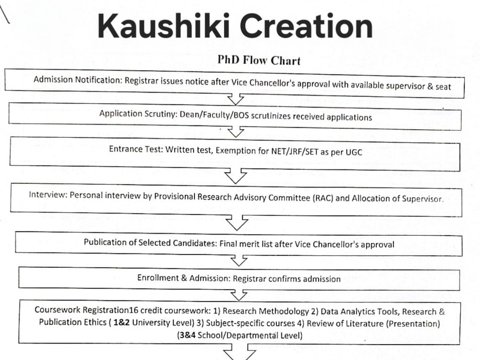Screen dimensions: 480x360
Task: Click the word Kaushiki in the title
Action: point(164,26)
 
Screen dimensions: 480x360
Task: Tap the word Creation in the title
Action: point(306,26)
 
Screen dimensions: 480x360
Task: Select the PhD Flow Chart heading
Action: point(259,60)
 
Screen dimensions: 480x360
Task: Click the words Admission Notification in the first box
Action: point(78,80)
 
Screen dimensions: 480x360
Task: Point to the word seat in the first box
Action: point(443,86)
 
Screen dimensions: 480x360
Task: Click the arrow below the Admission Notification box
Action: point(235,98)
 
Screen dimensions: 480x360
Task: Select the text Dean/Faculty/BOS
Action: point(214,115)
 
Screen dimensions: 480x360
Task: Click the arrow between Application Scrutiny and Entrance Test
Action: point(236,132)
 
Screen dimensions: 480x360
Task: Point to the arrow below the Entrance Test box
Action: point(235,175)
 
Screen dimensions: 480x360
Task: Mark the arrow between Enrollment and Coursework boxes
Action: point(239,295)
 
